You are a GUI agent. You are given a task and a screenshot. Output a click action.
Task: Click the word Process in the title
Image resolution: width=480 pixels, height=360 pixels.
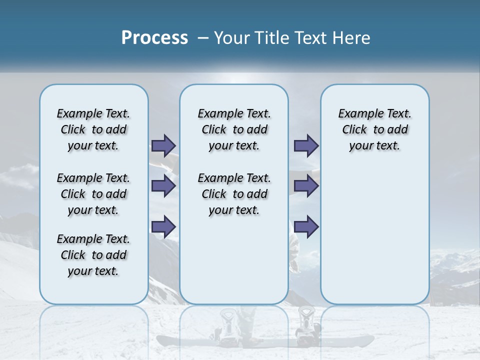(x=154, y=37)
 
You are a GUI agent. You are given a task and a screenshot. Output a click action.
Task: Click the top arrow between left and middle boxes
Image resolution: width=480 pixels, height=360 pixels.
(x=163, y=145)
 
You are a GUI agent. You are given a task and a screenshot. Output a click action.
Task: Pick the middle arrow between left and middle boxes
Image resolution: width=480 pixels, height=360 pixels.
(x=163, y=186)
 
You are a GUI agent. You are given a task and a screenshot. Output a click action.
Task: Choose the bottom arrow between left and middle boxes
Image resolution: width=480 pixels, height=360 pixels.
(x=163, y=226)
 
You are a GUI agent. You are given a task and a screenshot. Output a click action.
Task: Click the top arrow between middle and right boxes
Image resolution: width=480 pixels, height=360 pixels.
(x=306, y=145)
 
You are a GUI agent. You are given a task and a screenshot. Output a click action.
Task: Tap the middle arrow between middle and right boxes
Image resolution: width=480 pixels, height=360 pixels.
(x=306, y=186)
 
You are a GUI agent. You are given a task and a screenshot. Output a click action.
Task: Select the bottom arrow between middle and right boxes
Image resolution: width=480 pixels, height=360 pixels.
(x=306, y=226)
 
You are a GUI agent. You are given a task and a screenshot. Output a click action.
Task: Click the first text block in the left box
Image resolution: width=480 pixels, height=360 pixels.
(x=93, y=129)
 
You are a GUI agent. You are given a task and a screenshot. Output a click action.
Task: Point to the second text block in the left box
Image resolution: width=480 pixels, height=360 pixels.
(x=93, y=194)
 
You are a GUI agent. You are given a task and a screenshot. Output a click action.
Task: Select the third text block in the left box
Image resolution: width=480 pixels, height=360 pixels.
(x=93, y=255)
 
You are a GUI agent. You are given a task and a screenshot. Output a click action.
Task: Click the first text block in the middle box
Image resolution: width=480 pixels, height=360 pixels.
(x=234, y=129)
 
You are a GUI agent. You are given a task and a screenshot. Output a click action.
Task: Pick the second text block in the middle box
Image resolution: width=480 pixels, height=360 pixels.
(x=234, y=194)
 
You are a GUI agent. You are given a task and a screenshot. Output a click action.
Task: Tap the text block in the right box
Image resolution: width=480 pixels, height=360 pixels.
(x=374, y=129)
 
